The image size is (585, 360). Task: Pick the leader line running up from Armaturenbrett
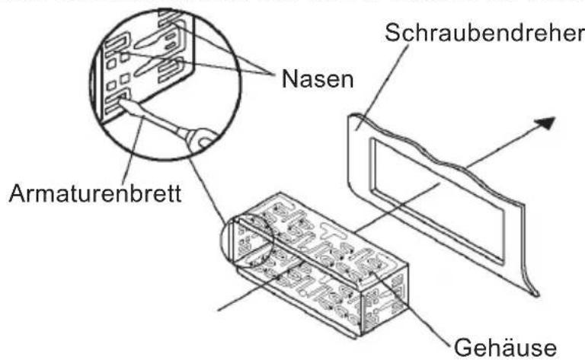pyautogui.click(x=137, y=152)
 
